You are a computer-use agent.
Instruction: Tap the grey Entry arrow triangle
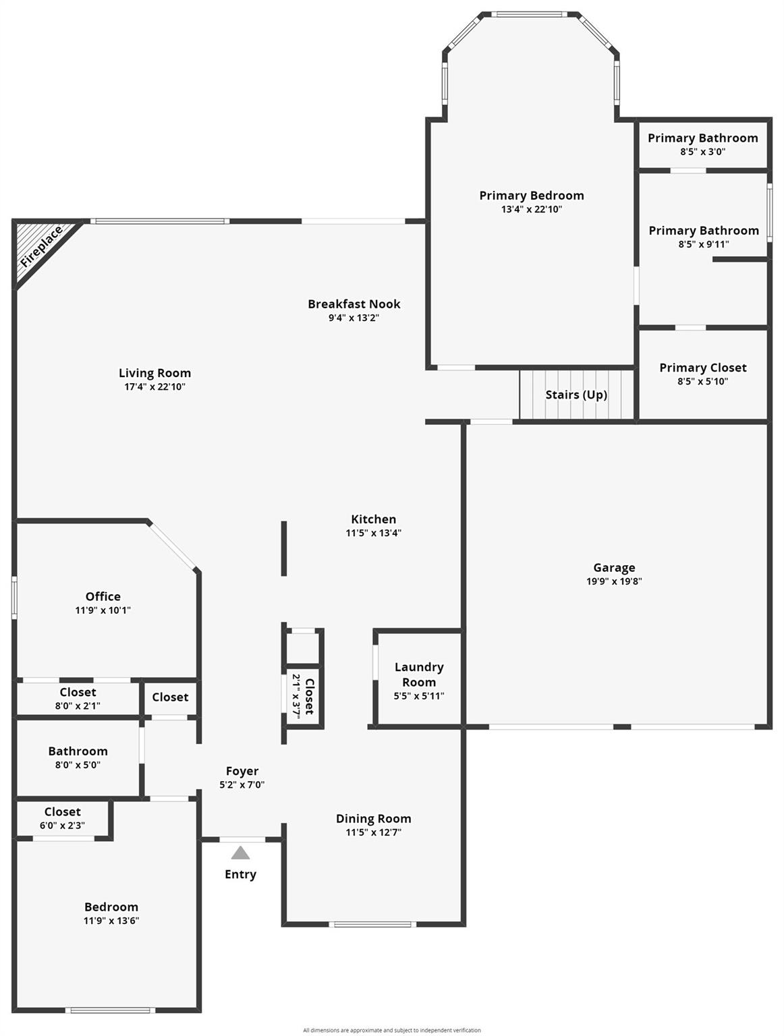240,853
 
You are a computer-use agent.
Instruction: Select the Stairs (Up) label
576,395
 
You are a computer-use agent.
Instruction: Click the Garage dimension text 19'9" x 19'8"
614,581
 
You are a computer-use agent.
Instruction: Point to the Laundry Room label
419,674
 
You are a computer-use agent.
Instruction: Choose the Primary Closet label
703,368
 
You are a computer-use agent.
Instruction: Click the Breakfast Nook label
354,304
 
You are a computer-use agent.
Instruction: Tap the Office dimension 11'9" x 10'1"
103,610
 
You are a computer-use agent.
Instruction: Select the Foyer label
242,771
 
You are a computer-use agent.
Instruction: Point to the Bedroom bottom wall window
110,1010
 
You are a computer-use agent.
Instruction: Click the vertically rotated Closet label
310,697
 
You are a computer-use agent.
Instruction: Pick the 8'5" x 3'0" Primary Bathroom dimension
703,152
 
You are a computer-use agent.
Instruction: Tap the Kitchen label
374,519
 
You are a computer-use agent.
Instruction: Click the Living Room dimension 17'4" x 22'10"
155,387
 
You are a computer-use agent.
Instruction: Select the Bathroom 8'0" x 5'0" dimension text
78,765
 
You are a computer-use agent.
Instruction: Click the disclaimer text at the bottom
392,1030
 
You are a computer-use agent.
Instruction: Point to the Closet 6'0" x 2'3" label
63,812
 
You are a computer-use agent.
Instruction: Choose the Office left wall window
14,598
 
